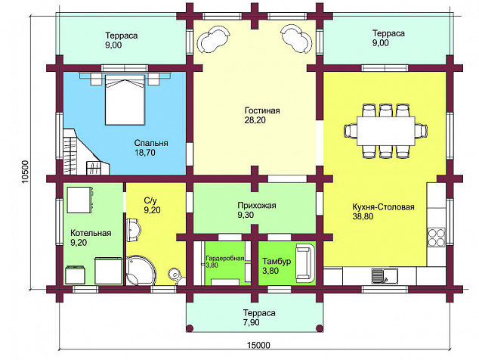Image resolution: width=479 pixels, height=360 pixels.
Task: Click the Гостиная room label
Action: click(262, 110)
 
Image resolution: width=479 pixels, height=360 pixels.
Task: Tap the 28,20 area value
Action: click(255, 120)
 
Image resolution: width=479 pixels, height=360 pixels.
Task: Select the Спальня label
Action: click(151, 143)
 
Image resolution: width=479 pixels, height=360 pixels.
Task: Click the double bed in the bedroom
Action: click(125, 99)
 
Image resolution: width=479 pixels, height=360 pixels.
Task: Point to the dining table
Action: click(386, 131)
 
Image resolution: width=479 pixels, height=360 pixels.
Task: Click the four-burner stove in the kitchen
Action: click(436, 237)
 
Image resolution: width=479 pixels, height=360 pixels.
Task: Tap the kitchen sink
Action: click(385, 275)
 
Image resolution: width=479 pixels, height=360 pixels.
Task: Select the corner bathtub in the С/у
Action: click(141, 271)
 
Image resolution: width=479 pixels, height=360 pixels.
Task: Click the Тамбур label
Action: click(277, 262)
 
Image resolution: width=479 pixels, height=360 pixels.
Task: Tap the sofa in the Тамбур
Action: click(305, 262)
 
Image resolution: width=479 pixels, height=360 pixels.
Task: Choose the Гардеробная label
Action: click(225, 258)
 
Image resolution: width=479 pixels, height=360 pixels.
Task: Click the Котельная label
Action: click(91, 233)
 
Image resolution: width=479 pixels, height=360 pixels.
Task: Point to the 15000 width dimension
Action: click(258, 346)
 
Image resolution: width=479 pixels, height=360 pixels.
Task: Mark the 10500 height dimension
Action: click(25, 172)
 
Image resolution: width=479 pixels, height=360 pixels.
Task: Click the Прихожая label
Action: click(257, 205)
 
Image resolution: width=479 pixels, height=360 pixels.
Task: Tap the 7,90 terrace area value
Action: click(252, 322)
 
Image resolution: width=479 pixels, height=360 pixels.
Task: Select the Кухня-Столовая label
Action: click(383, 207)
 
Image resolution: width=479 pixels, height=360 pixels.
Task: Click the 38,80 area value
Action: click(363, 216)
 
